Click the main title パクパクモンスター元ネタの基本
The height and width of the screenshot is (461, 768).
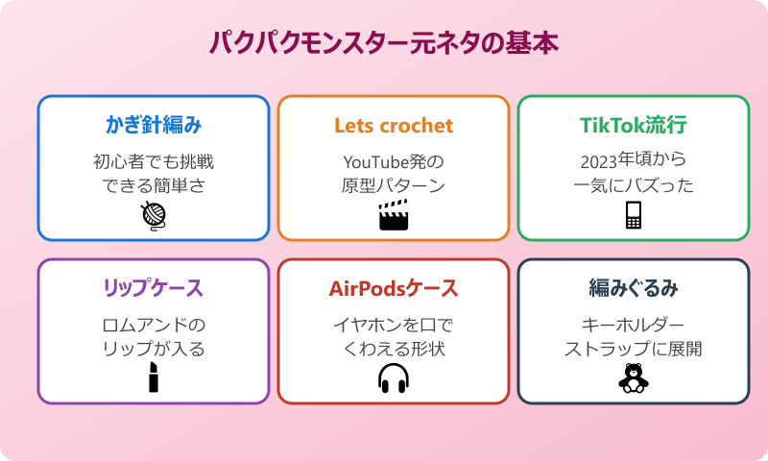384,43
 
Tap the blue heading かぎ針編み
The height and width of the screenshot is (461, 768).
154,126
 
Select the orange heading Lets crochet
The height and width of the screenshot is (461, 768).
394,126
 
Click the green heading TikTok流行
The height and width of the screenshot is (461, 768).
634,126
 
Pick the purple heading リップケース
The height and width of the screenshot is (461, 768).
154,288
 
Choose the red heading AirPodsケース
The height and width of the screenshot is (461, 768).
394,288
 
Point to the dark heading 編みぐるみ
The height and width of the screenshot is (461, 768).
634,288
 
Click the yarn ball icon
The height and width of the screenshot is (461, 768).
154,215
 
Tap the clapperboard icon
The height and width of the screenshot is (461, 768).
394,215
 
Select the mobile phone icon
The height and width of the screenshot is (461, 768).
634,215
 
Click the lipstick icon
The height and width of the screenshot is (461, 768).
154,377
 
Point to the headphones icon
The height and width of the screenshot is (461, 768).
394,377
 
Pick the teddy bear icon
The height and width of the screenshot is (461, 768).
634,377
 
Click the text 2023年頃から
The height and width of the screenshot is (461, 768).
634,160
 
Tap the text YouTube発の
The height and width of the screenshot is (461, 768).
394,160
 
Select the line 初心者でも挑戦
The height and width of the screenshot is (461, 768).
154,160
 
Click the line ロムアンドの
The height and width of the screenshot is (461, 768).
154,324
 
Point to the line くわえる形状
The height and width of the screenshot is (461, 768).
394,348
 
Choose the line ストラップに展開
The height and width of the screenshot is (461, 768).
634,348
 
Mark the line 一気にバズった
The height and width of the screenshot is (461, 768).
634,184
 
